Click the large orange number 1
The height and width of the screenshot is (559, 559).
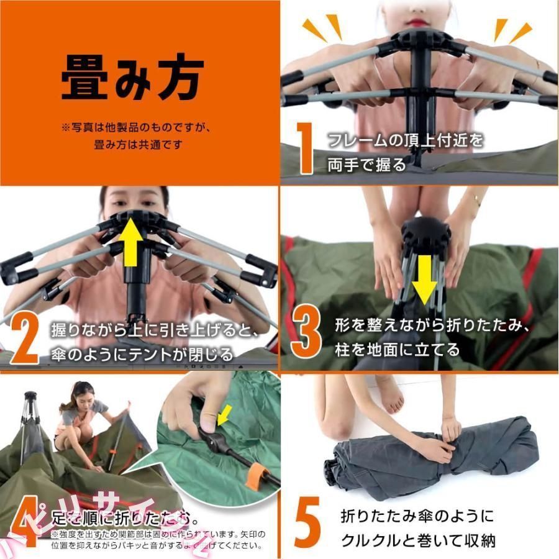(305, 148)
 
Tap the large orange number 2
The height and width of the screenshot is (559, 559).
(25, 339)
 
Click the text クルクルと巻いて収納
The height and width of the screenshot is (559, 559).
(418, 540)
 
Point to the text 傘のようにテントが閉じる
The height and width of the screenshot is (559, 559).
(143, 355)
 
